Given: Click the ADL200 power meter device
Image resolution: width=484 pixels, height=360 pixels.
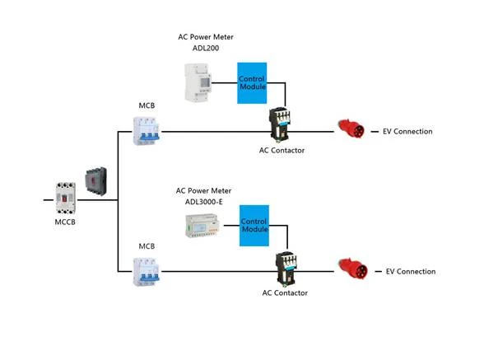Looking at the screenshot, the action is pos(198,82).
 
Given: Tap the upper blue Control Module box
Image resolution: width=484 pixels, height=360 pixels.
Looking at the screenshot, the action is pos(252,83).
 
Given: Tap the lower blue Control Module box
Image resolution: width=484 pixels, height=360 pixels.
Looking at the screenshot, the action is pos(254,226).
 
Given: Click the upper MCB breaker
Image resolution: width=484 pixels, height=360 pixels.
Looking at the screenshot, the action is pos(147,131).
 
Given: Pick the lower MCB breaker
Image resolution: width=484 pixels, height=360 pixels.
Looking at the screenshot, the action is pos(147,272).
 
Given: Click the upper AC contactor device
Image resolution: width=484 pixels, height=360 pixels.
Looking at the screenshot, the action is pos(280,124).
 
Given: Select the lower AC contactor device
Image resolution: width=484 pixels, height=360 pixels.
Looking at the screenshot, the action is pos(286,269).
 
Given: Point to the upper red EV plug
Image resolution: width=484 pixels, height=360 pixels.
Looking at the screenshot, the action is pos(351,129).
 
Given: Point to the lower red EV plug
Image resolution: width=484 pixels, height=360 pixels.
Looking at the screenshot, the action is pos(353,269).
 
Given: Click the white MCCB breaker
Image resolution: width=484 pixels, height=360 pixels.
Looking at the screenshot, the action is pos(66,198).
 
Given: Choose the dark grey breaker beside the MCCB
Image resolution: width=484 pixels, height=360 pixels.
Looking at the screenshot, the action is pos(96,181).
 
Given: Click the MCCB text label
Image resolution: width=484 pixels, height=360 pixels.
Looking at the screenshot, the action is pos(65,222).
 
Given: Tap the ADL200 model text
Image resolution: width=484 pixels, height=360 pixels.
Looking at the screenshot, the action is pos(206,49).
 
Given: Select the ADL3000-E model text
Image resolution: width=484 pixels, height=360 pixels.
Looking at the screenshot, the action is pos(204,202).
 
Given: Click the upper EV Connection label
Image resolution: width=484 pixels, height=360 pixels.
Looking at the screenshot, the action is pos(407,131).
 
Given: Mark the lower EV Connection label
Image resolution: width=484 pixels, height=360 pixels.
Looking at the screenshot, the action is pos(411,272).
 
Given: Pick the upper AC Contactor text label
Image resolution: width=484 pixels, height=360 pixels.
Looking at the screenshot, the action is pos(282,151).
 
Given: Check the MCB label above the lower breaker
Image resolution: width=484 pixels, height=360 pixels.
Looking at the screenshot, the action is pos(147,246).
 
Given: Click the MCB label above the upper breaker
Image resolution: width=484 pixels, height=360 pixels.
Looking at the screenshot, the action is pos(147,105).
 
